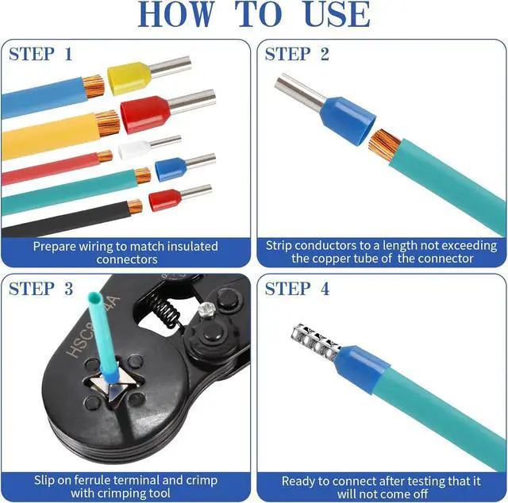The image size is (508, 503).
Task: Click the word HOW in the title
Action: click(x=177, y=14)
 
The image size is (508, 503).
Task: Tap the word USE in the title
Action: click(x=337, y=14)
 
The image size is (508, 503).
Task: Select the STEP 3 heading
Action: click(x=40, y=289)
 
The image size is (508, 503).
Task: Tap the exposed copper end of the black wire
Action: click(x=135, y=206)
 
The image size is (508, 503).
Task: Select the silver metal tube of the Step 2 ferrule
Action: click(x=299, y=91)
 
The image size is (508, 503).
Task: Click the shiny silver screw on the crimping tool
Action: click(x=206, y=309)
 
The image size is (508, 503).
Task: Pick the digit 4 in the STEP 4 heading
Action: click(x=325, y=289)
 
